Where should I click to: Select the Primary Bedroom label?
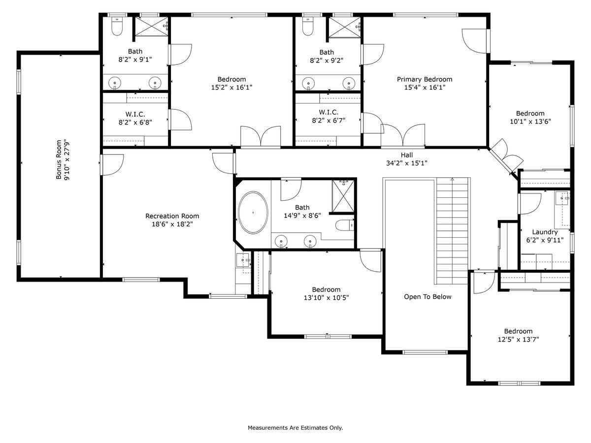pos(425,79)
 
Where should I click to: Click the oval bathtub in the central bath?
pos(253,213)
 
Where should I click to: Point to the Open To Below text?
pos(427,297)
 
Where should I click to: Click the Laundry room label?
pos(545,232)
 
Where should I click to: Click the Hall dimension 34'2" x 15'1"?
pos(406,163)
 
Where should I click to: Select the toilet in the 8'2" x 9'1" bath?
pos(117,27)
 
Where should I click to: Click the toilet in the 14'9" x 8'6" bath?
pos(344,225)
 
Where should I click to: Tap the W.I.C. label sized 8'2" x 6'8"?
pos(135,114)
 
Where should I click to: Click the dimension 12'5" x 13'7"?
pos(518,340)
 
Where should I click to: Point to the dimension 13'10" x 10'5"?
pos(326,298)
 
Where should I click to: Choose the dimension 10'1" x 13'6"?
pos(530,122)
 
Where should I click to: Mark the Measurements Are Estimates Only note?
pos(295,428)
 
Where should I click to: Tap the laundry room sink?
pos(562,198)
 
